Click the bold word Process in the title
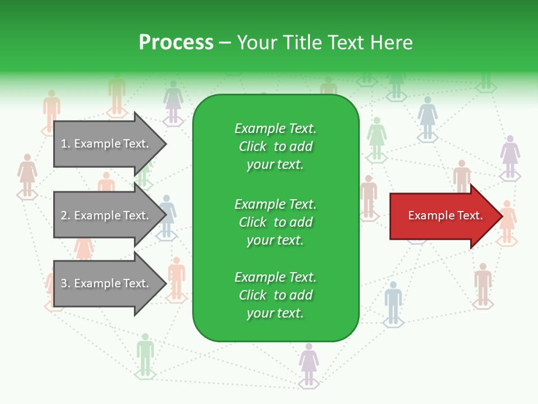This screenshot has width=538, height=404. [x=176, y=43]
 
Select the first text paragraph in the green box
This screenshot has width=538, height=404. [x=275, y=146]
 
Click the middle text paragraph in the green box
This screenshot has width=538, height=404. [x=275, y=222]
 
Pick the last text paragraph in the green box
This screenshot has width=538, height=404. [x=275, y=295]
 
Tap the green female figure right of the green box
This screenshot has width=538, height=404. [x=377, y=137]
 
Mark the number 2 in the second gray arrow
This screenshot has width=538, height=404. [x=64, y=215]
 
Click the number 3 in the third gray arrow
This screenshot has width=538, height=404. [x=64, y=283]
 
